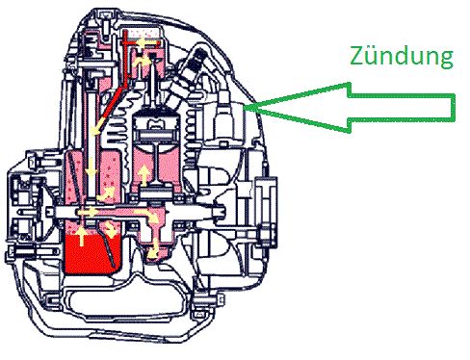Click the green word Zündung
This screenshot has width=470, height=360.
[402, 57]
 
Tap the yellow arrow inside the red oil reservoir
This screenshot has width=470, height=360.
[82, 236]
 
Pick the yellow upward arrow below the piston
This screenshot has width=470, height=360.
[144, 175]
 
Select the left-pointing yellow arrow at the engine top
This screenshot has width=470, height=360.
[141, 42]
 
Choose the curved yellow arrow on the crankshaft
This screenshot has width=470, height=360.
[146, 216]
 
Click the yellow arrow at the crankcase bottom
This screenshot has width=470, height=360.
[153, 248]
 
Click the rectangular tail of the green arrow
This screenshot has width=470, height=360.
[402, 108]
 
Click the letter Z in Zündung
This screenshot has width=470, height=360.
[357, 57]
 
